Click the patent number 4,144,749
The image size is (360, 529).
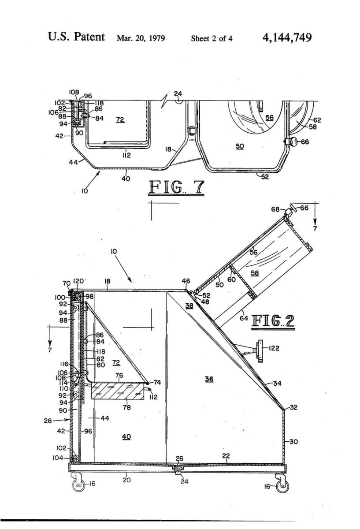pyautogui.click(x=287, y=38)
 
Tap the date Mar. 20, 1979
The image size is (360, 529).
pyautogui.click(x=141, y=38)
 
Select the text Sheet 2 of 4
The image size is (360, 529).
pyautogui.click(x=212, y=38)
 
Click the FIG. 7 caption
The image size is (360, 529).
pyautogui.click(x=176, y=188)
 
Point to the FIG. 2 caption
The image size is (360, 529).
pyautogui.click(x=273, y=321)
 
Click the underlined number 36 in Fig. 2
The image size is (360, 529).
pyautogui.click(x=209, y=379)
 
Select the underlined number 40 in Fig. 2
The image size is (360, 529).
pyautogui.click(x=126, y=437)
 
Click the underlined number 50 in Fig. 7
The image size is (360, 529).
pyautogui.click(x=240, y=146)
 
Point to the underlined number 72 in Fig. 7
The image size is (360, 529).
pyautogui.click(x=120, y=120)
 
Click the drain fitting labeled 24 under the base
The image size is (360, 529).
pyautogui.click(x=178, y=472)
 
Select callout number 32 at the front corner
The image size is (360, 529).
pyautogui.click(x=293, y=407)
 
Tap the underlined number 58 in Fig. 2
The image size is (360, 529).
pyautogui.click(x=255, y=273)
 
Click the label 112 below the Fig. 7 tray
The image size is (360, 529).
pyautogui.click(x=126, y=155)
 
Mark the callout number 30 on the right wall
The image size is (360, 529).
pyautogui.click(x=293, y=441)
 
